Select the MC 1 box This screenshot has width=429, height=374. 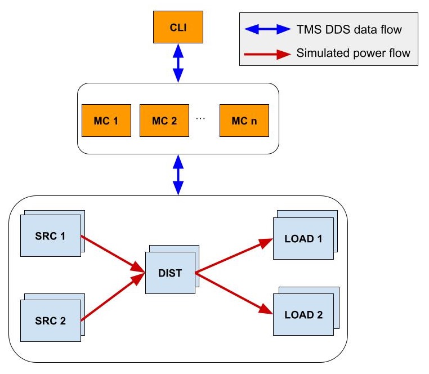(x=106, y=121)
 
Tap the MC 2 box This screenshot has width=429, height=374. (x=164, y=121)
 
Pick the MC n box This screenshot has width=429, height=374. (x=244, y=121)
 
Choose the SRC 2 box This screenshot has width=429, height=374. (x=50, y=321)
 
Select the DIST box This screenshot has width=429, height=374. (x=169, y=273)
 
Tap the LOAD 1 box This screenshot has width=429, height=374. (x=303, y=238)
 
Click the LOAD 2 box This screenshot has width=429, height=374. (x=303, y=314)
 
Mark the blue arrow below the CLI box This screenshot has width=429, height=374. (x=178, y=64)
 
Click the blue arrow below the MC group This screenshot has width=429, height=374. (x=178, y=175)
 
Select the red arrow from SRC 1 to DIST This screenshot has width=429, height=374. (x=113, y=253)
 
